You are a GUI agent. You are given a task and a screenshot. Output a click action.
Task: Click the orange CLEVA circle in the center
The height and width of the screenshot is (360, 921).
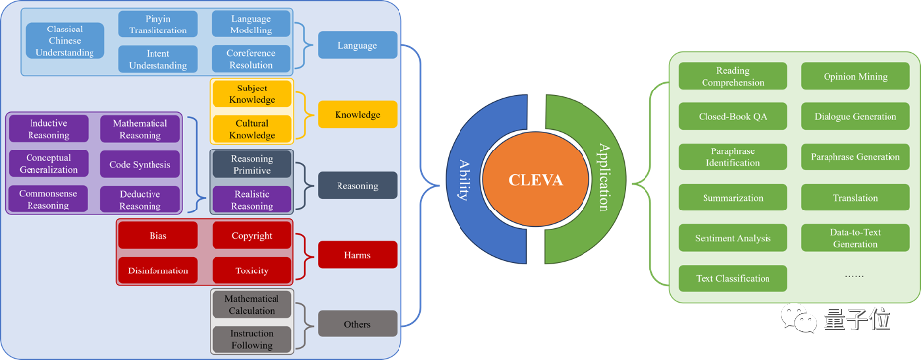tap(535, 180)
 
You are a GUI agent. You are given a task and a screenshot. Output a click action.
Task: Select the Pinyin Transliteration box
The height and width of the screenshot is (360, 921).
tap(157, 24)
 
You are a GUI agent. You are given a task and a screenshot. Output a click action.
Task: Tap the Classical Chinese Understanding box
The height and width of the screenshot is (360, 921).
tap(65, 40)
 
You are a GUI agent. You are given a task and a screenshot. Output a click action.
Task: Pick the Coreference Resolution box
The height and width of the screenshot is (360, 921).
tap(251, 59)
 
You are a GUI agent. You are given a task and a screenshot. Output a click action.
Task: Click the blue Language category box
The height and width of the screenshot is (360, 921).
tap(358, 45)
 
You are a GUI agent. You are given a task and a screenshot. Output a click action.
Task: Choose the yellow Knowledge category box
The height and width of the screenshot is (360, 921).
tap(358, 114)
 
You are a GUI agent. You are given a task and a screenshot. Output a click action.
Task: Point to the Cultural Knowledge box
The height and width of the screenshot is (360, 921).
tap(252, 129)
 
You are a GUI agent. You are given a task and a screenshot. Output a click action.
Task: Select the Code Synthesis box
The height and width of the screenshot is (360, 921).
tap(141, 164)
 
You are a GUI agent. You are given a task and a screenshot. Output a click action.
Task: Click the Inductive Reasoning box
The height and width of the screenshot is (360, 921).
tap(49, 129)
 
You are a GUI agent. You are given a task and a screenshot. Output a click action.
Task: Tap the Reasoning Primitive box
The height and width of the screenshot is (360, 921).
tap(252, 164)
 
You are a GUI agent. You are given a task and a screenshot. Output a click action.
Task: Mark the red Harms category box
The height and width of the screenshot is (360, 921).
tap(358, 255)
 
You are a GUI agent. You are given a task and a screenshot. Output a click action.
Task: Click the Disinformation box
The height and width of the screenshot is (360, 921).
tap(158, 270)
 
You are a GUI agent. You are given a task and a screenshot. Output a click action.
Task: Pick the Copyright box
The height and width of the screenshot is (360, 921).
tap(252, 235)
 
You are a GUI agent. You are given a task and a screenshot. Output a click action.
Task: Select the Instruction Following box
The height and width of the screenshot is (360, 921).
tap(252, 339)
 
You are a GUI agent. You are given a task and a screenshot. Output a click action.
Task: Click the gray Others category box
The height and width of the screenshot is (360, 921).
tap(358, 324)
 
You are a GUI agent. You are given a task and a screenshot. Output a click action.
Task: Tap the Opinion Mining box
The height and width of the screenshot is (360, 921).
tap(855, 76)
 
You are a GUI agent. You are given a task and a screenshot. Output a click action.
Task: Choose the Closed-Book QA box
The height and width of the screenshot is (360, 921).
tap(733, 116)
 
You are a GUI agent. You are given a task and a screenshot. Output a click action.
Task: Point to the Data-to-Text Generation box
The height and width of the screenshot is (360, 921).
tap(855, 238)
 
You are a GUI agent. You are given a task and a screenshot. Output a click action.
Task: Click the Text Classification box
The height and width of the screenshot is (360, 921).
tap(733, 278)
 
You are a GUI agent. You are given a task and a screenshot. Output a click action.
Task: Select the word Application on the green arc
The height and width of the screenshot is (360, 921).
tap(603, 177)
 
